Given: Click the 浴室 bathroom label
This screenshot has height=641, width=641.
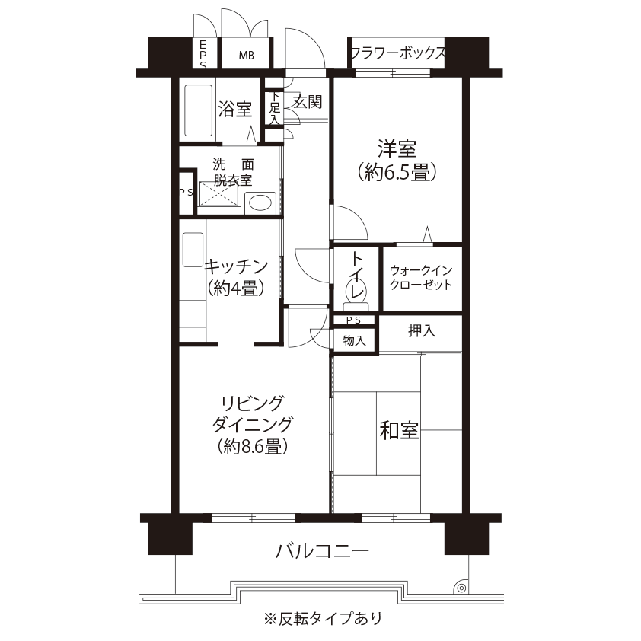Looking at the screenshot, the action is click(234, 109).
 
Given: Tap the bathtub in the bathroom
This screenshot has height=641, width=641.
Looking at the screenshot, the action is click(198, 110).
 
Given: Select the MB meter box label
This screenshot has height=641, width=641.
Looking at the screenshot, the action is click(247, 55).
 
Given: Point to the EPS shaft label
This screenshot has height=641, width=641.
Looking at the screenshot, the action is click(203, 54).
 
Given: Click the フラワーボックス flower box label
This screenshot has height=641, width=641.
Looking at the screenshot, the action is click(397, 53).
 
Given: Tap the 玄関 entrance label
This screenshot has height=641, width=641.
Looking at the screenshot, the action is click(308, 101).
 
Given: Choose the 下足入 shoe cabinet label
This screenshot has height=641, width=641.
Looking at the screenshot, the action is click(275, 108).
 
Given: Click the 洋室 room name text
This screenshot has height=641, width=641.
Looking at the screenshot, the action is click(397, 148).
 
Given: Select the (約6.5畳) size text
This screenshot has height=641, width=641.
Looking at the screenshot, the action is click(397, 172).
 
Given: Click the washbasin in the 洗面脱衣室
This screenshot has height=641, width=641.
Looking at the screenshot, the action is click(260, 203).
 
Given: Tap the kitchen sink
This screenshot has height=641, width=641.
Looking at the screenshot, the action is click(193, 250).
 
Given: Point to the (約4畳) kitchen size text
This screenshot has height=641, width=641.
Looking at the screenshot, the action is click(235, 289).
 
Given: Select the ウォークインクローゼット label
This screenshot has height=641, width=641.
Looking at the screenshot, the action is click(421, 278).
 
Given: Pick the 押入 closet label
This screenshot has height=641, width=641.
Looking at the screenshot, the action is click(422, 330).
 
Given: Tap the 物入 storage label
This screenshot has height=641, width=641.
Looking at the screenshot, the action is click(355, 340).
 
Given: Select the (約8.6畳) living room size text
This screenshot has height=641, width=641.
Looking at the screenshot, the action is click(253, 446).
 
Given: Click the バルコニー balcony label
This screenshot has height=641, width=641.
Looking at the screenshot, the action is click(322, 551).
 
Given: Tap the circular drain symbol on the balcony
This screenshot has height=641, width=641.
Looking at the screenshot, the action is click(461, 588).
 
